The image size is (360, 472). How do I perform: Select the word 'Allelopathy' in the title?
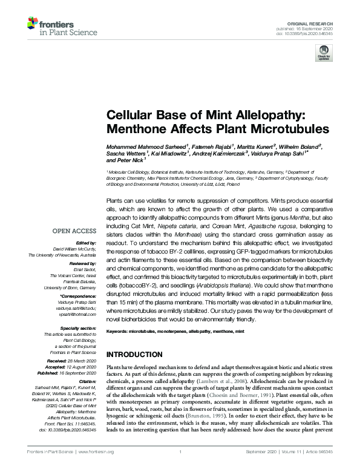[x=231, y=114]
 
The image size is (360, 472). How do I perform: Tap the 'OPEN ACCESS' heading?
[x=74, y=231]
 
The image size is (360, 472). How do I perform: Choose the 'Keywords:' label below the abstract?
[x=117, y=332]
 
